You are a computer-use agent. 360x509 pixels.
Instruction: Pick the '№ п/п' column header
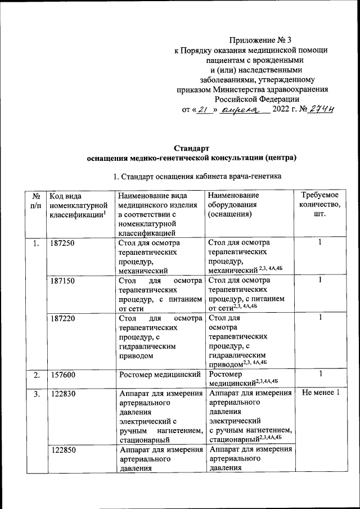[36, 200]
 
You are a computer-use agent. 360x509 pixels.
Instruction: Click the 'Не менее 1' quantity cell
[321, 393]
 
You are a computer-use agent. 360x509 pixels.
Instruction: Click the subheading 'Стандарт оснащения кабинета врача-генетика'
[196, 177]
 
